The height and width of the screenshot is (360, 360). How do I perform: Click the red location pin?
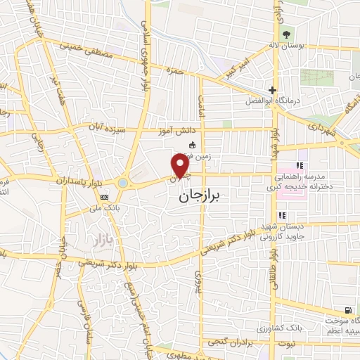pos(181,165)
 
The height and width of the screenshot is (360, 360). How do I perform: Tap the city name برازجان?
pos(195,198)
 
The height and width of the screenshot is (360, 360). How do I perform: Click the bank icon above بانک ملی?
pos(104,197)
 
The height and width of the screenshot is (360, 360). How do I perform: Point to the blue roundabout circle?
pos(123,183)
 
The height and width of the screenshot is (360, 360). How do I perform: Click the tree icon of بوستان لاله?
pos(285,35)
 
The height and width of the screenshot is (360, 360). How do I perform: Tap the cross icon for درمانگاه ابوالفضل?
pos(272,90)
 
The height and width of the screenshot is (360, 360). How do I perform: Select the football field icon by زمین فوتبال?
pos(192,146)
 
